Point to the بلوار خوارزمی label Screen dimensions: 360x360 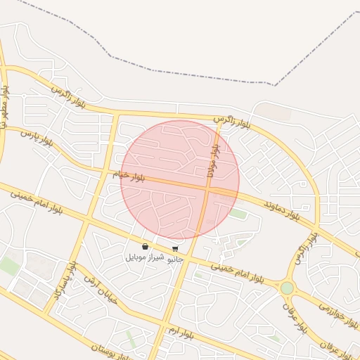pos(328,311)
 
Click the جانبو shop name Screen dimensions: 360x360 pos(174,258)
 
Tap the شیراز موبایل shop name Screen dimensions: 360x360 pos(144,257)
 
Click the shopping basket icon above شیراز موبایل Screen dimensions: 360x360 pos(145,247)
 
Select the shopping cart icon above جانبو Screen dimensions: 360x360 pos(174,248)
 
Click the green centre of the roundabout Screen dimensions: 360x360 pos(287,288)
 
